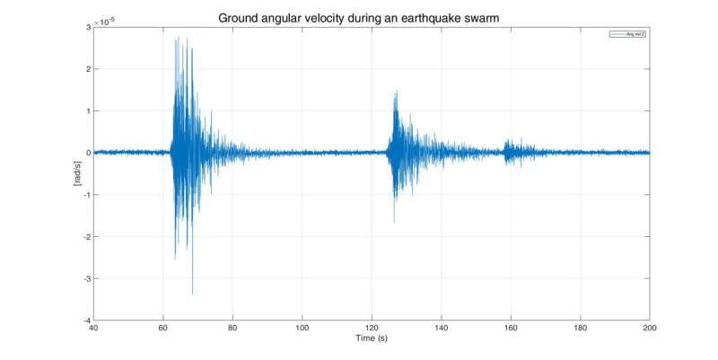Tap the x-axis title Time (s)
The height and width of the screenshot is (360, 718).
coord(371,340)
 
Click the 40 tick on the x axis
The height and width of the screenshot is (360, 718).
coord(93,329)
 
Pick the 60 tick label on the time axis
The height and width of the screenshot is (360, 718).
coord(162,329)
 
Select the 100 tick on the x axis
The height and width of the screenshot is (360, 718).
coord(302,329)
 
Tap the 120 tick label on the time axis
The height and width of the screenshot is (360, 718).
coord(372,329)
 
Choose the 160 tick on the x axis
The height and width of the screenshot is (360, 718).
coord(511,329)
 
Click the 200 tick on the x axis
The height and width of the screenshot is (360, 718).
coord(649,329)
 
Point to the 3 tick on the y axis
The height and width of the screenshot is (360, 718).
coord(87,28)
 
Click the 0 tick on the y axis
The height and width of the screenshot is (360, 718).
coord(87,154)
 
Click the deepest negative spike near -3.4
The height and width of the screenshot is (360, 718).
coord(192,294)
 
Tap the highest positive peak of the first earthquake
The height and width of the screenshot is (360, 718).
coord(178,38)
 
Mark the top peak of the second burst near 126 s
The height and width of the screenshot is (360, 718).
coord(394,91)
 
